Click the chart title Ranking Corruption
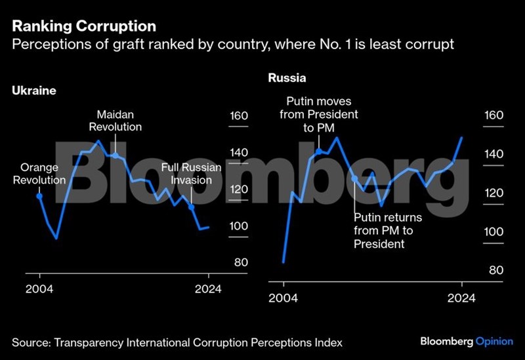84,26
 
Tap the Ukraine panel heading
34,91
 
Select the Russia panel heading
287,79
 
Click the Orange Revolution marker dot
39,195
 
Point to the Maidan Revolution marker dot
115,155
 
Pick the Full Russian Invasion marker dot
192,207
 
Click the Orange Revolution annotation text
39,174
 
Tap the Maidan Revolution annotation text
115,120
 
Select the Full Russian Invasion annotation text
191,174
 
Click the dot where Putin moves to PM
319,151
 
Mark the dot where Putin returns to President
354,178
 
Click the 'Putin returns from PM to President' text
387,231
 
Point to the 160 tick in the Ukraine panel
238,117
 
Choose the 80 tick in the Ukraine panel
241,263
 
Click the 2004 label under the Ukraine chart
39,289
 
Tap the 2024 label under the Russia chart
461,298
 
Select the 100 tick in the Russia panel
494,232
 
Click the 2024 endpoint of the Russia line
462,138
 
